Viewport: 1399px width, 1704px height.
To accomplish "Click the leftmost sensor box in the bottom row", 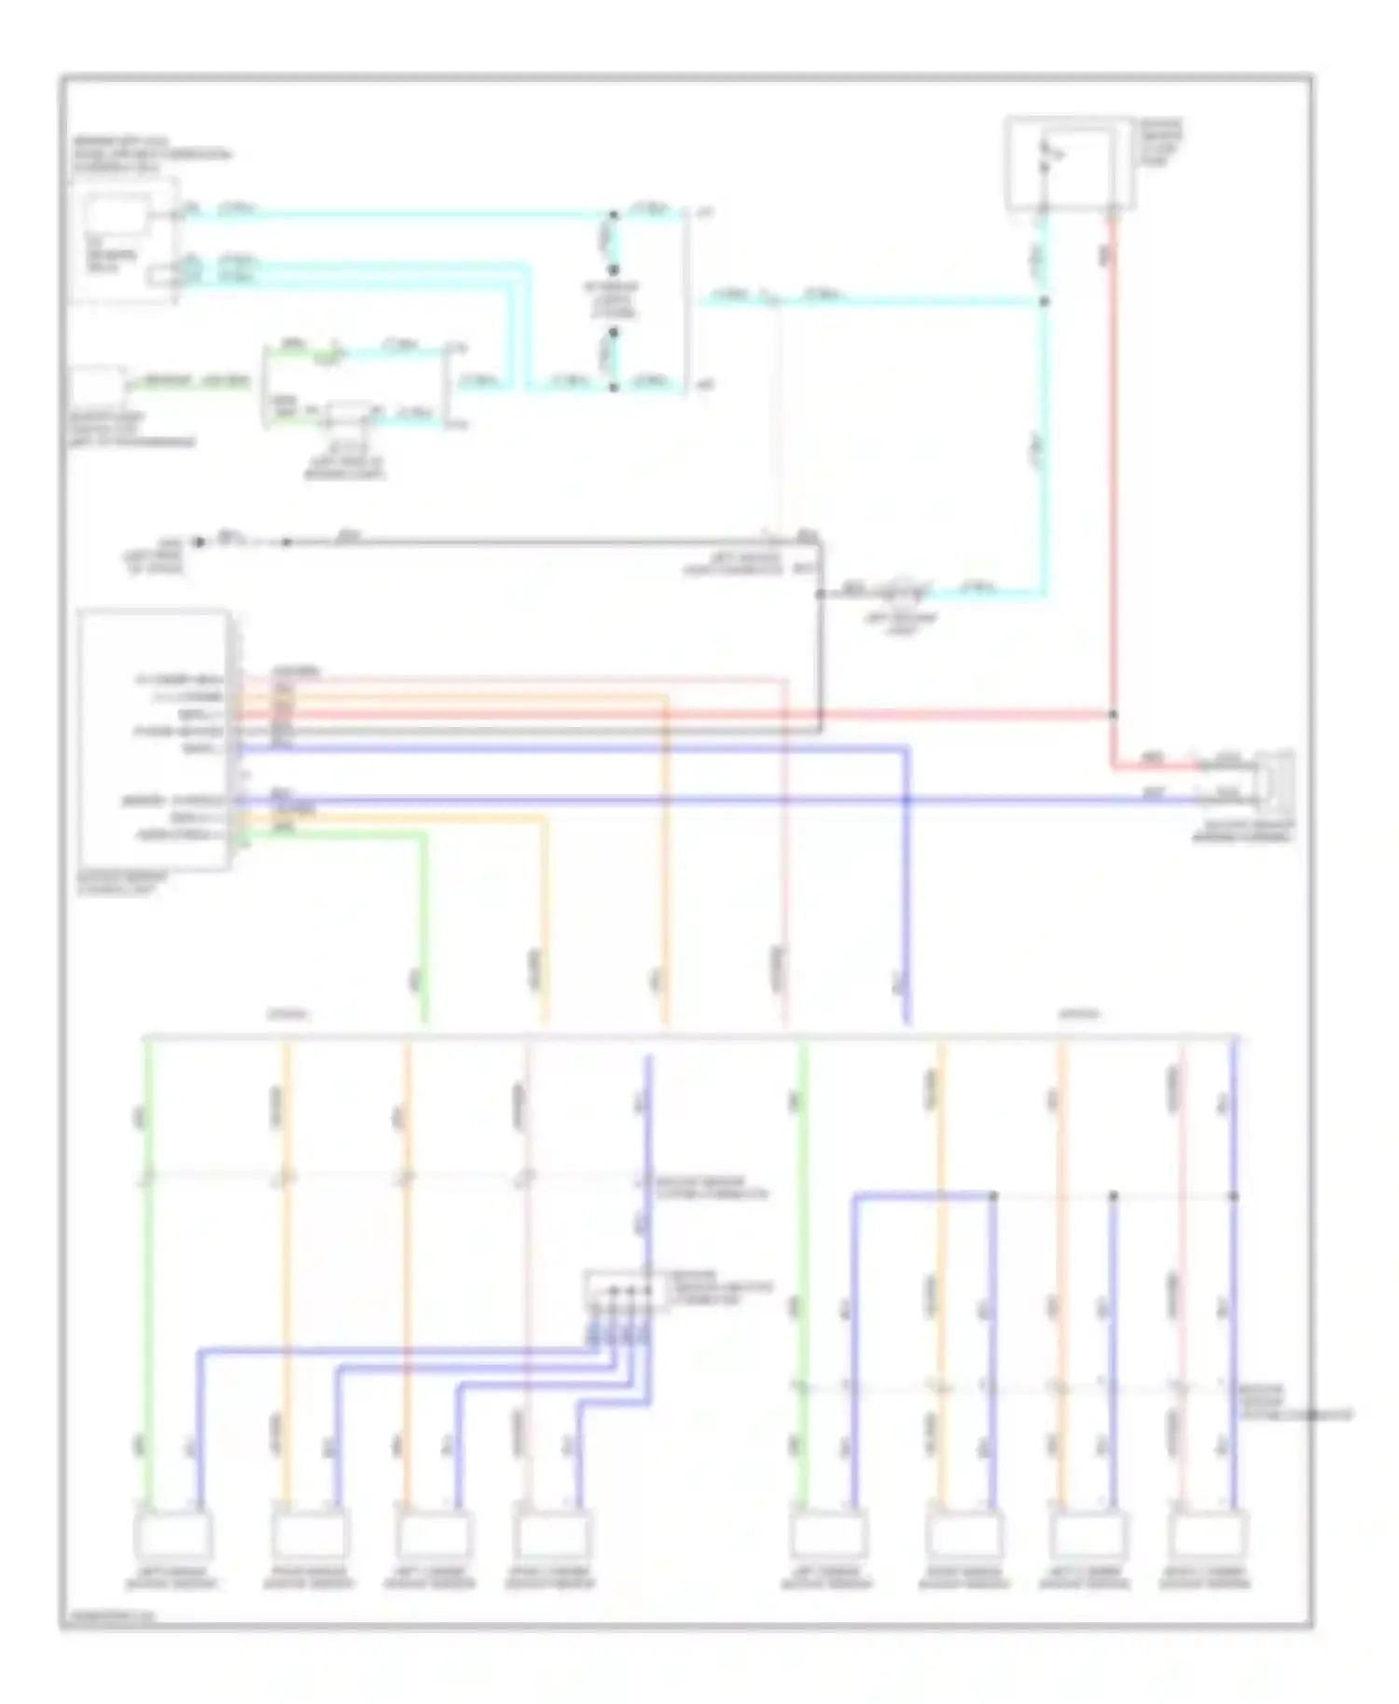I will point(173,1535).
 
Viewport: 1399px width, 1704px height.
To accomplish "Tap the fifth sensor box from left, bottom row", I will point(827,1535).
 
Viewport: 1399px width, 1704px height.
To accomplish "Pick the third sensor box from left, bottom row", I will point(431,1535).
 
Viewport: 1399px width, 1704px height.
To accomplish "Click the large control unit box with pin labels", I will point(155,739).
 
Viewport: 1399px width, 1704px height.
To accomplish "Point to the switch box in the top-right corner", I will point(1070,164).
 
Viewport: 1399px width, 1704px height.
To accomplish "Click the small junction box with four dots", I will point(625,1291).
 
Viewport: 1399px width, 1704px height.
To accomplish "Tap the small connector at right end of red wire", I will point(1273,781).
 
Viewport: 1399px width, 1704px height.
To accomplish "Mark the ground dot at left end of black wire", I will point(198,542).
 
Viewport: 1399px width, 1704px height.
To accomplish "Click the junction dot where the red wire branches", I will point(1113,715).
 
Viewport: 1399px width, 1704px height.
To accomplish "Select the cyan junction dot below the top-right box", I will point(1044,301).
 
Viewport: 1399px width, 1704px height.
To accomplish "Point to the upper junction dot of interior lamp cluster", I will point(614,215).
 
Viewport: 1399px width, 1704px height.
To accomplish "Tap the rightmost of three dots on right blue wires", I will point(1233,1196).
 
